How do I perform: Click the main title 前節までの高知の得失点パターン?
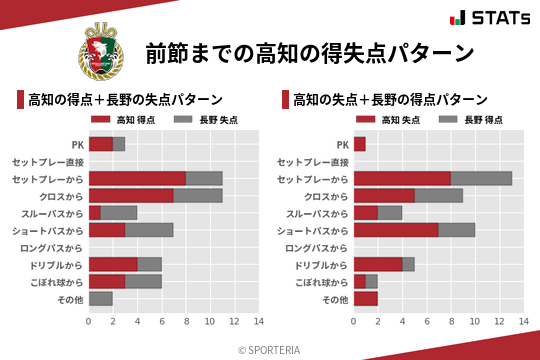tap(309, 52)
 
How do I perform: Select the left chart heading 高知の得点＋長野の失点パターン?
tap(125, 100)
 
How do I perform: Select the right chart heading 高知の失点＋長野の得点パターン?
tap(390, 100)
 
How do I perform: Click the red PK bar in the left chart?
tap(100, 144)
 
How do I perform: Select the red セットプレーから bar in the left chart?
tap(137, 178)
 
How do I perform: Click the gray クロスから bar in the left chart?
tap(197, 196)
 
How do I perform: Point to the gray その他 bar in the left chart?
tap(100, 298)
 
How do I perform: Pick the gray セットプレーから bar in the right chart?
tap(481, 178)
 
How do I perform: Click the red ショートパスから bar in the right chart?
tap(396, 230)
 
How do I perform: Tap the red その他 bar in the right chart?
tap(365, 298)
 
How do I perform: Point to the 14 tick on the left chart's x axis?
tap(258, 321)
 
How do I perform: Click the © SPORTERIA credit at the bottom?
tap(270, 349)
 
